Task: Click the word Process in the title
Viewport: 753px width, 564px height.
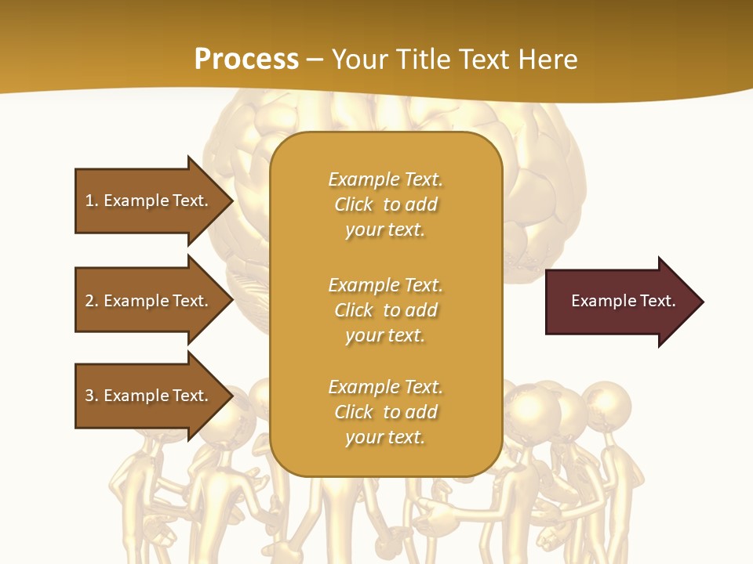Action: tap(246, 60)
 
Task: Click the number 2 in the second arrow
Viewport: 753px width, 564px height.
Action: tap(89, 301)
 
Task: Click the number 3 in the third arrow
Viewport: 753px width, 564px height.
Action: tap(89, 396)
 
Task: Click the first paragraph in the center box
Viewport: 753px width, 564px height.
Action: tap(385, 204)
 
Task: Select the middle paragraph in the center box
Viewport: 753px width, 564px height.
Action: tap(385, 310)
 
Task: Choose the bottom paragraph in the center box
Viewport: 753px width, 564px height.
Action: tap(385, 412)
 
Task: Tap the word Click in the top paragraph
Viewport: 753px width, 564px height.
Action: tap(354, 204)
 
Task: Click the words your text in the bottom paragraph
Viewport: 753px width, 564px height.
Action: tap(385, 437)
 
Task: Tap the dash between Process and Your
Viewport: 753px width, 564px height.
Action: tap(315, 60)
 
